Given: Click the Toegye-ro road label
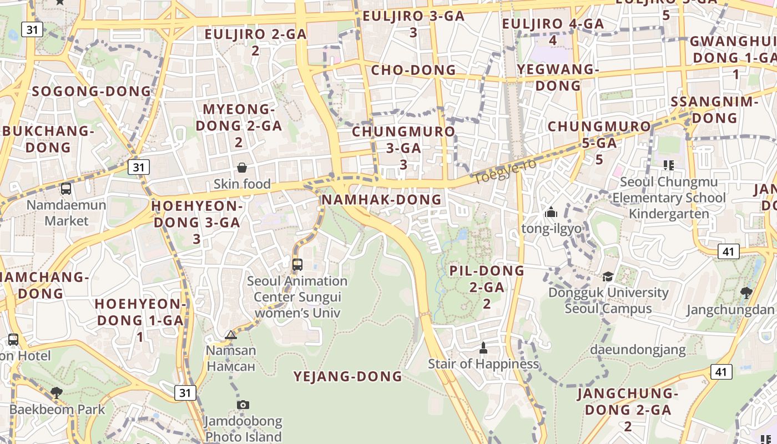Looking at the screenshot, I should pos(504,171).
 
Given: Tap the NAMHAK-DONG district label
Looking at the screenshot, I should pos(381,200).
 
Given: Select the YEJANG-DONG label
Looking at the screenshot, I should pos(347,376).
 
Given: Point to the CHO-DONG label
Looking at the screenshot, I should pos(413,70).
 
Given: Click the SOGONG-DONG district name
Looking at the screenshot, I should pos(92,91).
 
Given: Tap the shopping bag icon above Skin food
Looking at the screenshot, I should pos(242,168).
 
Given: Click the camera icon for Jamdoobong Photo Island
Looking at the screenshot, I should pos(243,405).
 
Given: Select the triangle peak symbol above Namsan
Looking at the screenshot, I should pos(231,335).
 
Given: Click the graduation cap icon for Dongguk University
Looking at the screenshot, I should pos(608,276).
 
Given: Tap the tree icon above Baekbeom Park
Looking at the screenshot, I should pos(56,393).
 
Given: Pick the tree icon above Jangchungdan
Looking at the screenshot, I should pos(746,292).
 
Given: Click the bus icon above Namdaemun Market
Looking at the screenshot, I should pos(66,189).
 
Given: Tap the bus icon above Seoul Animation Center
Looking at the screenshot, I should pos(297,264).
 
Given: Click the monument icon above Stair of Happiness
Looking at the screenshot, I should pos(483,348).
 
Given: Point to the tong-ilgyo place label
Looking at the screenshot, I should pos(551,228).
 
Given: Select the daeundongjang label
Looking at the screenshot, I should pos(638,350).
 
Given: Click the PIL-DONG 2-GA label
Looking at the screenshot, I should pos(487,287).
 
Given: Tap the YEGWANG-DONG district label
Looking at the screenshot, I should pos(558,77).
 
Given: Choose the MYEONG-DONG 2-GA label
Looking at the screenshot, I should pos(235,125).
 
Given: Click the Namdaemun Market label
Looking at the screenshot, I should pos(66,213).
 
